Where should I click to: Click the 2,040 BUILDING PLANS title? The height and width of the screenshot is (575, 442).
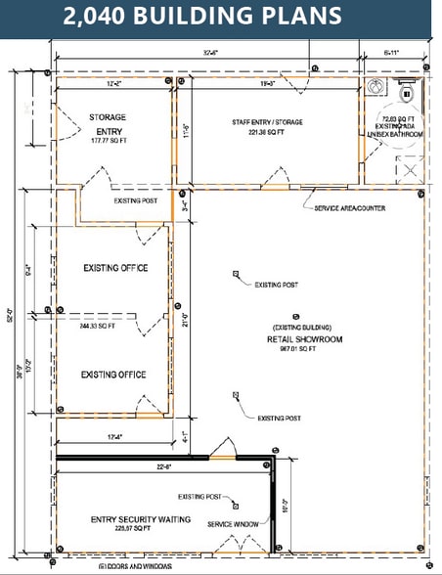[202, 17]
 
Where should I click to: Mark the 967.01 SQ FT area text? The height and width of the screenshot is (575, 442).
[303, 348]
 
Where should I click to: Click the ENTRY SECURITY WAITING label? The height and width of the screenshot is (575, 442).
[141, 519]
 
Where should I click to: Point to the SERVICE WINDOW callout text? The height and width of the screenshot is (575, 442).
[234, 525]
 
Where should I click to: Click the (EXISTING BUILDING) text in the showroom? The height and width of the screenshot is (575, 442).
[303, 328]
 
